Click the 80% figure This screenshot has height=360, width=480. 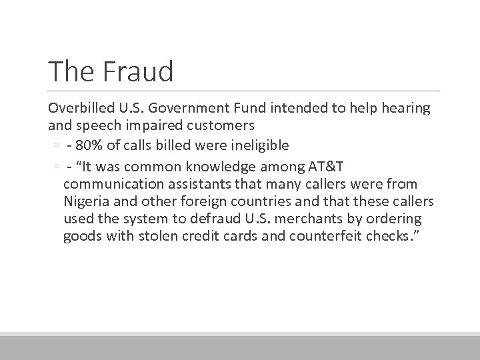(87, 146)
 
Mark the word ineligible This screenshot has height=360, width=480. (257, 146)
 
